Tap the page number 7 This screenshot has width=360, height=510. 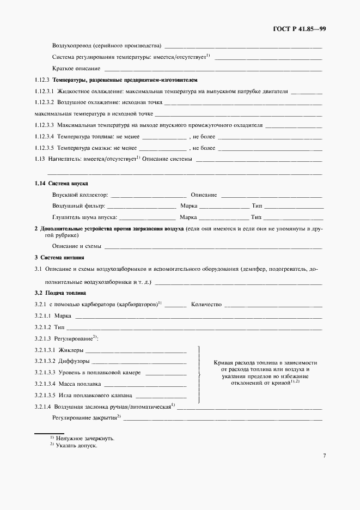click(x=324, y=456)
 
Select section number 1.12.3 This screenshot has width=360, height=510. click(x=45, y=80)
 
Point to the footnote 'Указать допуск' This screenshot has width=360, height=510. click(x=79, y=445)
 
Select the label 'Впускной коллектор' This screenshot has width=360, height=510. click(x=80, y=195)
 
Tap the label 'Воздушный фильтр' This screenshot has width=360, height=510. click(x=78, y=206)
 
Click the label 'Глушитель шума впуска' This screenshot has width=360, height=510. click(x=85, y=217)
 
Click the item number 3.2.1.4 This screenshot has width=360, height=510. click(x=44, y=406)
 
